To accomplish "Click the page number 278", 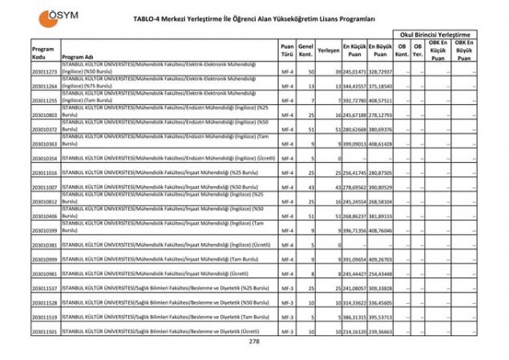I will coord(254,342).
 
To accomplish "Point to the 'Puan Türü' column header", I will coord(287,50).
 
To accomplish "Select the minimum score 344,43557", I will coord(354,86).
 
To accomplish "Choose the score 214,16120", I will coord(354,330).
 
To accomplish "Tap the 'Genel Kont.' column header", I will coord(305,50).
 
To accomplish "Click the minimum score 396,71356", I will coord(354,230).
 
